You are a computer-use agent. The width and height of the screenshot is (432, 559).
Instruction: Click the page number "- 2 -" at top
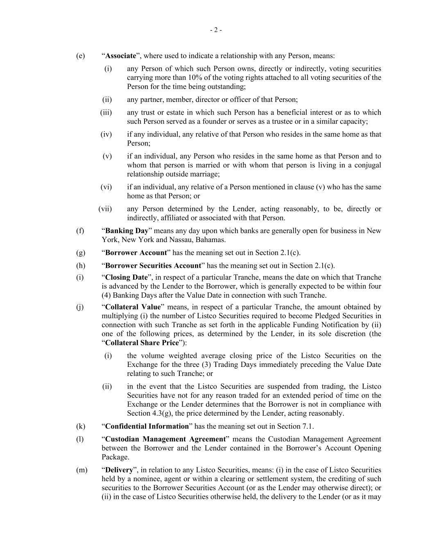click(216, 30)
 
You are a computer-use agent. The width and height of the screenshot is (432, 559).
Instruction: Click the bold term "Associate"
click(120, 56)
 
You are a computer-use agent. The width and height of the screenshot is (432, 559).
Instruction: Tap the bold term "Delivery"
click(119, 470)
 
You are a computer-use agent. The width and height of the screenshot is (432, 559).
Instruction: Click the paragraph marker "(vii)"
click(105, 209)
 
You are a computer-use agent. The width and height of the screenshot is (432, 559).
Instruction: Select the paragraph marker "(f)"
click(80, 231)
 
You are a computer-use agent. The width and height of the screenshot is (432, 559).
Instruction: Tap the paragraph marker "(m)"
click(81, 470)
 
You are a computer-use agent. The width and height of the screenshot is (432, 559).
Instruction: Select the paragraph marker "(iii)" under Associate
click(106, 112)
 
